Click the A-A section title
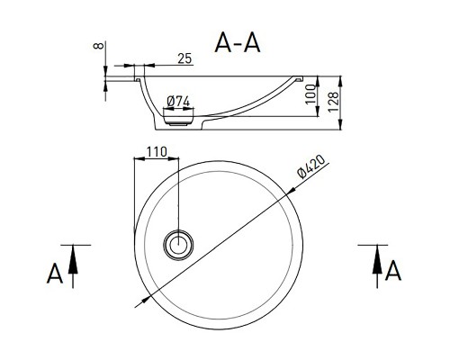coord(238,43)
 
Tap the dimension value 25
coord(184,58)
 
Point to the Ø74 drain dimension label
coord(178,102)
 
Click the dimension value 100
coord(310,94)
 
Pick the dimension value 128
coord(333,102)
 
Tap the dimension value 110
coord(157,152)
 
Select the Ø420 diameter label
coord(310,166)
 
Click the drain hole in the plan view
coord(178,245)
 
